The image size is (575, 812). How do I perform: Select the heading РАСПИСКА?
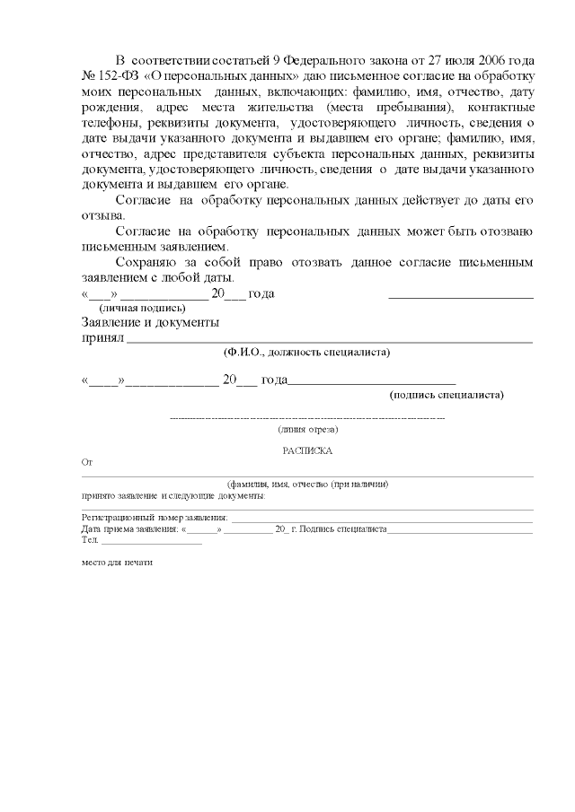[306, 451]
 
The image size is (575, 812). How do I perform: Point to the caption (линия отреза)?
[307, 430]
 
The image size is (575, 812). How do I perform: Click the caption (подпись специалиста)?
[446, 394]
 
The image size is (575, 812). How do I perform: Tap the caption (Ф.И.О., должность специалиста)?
[306, 353]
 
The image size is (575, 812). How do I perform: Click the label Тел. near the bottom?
[89, 540]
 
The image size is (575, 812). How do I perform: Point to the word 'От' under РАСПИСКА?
[87, 463]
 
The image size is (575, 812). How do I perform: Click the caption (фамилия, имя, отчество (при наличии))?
[307, 483]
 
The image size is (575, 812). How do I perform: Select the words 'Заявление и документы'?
[150, 322]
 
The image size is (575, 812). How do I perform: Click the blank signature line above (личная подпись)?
[460, 295]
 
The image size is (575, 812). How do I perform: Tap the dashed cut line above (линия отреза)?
[307, 418]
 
